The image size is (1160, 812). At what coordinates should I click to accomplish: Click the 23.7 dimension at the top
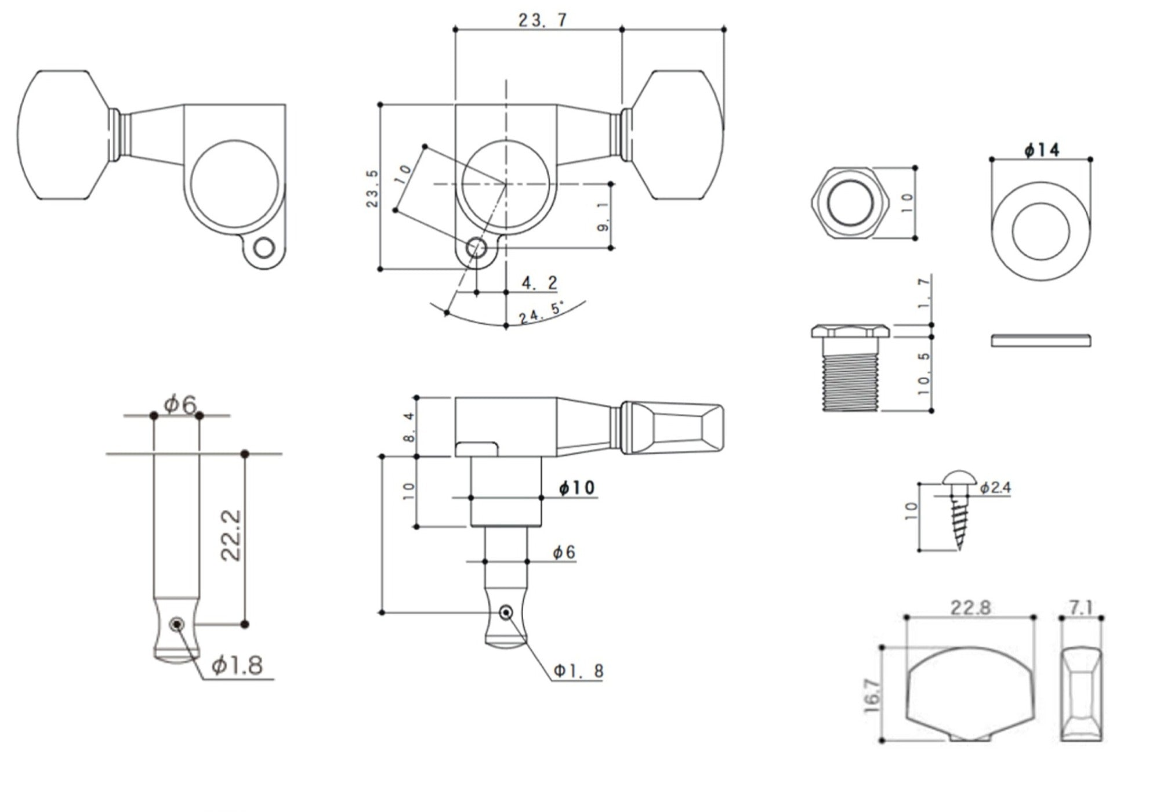[x=542, y=20]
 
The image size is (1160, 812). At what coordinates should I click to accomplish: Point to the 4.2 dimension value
[x=539, y=283]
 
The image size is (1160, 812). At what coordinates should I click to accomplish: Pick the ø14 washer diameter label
[x=1042, y=150]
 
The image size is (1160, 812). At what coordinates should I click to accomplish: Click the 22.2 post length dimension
[x=231, y=535]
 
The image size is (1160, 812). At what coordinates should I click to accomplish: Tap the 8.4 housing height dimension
[x=409, y=427]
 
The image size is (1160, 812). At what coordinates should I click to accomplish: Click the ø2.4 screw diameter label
[x=995, y=488]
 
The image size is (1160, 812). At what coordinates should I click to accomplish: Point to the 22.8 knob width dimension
[x=970, y=608]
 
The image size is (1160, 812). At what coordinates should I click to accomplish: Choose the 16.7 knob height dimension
[x=872, y=695]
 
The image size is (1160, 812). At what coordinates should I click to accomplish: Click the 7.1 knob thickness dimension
[x=1081, y=608]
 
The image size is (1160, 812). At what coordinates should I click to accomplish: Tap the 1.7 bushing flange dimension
[x=925, y=293]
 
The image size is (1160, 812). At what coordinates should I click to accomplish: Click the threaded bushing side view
[x=850, y=368]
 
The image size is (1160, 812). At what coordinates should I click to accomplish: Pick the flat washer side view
[x=1041, y=340]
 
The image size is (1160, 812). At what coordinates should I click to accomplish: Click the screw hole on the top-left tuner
[x=264, y=249]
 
